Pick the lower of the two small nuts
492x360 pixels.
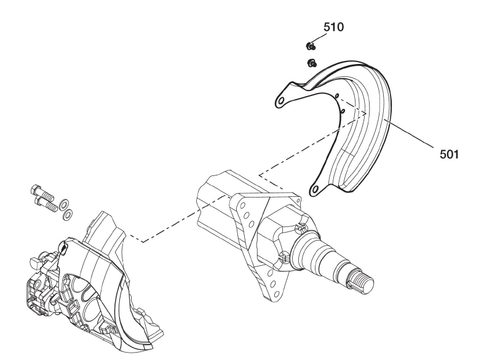click(x=312, y=62)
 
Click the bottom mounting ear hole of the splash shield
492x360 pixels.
click(x=317, y=190)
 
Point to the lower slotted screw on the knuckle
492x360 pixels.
click(x=285, y=255)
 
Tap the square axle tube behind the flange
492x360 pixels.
click(x=215, y=203)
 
